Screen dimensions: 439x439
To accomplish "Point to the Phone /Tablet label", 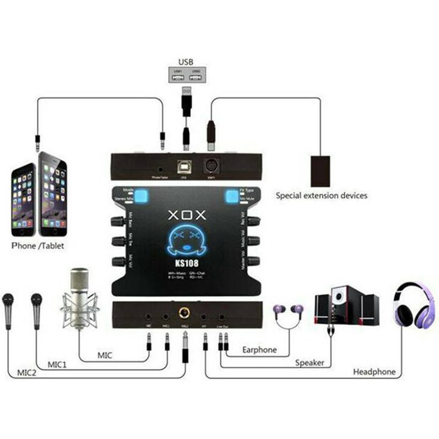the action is tap(38, 246).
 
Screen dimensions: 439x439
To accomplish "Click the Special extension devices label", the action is tap(321, 196).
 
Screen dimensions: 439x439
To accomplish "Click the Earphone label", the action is tap(259, 350).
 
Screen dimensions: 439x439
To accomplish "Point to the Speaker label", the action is tap(309, 363).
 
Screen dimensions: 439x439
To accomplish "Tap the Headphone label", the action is tap(374, 372).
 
